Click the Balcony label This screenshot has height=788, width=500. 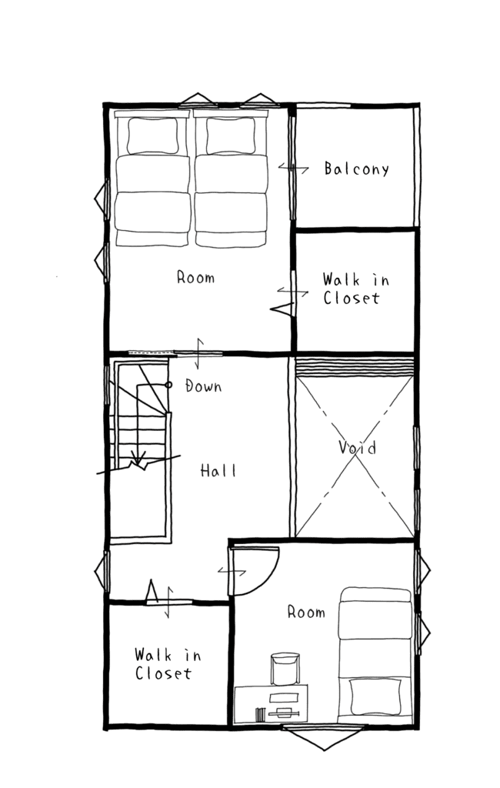[356, 169]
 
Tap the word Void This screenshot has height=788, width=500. [357, 447]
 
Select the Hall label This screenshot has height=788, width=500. [218, 470]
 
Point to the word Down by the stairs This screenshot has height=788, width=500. [204, 386]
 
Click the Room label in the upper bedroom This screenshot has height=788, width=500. [195, 277]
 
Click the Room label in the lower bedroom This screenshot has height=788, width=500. [306, 612]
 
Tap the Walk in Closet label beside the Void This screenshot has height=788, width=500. [355, 289]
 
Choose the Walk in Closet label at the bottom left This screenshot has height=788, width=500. [168, 664]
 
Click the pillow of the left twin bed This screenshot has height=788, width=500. [152, 135]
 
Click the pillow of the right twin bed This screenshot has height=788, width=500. [231, 135]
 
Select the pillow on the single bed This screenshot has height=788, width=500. [376, 696]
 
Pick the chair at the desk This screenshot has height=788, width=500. [285, 669]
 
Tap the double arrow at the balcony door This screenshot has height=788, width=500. [294, 168]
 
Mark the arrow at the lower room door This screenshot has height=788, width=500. [232, 572]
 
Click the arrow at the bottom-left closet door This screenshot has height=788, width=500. [169, 602]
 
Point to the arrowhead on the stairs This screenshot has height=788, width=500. [138, 457]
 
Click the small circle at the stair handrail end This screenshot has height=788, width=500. [168, 385]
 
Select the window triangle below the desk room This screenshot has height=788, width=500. [324, 738]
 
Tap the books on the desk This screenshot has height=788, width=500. [260, 714]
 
